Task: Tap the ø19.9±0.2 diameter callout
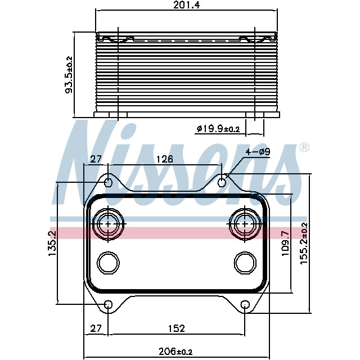coord(218,129)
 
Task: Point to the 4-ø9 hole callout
coord(257,152)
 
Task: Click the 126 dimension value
coord(164,159)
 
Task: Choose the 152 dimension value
coord(175,328)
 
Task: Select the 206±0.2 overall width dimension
coord(175,352)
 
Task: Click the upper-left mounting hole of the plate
coord(109,182)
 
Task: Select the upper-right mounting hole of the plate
coord(223,182)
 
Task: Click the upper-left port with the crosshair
coord(107,224)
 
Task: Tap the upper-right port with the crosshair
coord(245,224)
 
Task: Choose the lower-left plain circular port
coord(108,262)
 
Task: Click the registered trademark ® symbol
coord(304,148)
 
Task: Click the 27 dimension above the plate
coord(96,159)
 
